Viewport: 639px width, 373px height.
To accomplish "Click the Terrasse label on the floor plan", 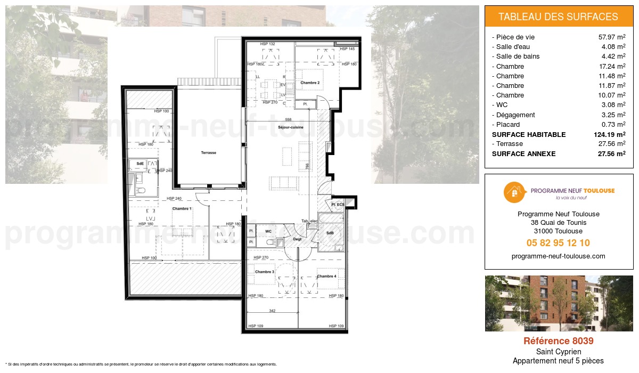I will [x=208, y=153].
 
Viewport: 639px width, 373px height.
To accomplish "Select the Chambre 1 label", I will [x=182, y=208].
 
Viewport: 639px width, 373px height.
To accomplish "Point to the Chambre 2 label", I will [x=310, y=83].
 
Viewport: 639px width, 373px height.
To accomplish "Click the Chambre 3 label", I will [x=264, y=272].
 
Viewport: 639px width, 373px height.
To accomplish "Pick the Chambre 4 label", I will [x=326, y=276].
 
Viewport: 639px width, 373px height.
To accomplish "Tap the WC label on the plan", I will [x=269, y=231].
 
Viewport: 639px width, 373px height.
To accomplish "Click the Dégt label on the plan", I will [x=297, y=240].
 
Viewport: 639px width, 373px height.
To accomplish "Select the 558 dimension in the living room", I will [x=288, y=119].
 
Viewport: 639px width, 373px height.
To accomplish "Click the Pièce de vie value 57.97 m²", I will [x=612, y=37].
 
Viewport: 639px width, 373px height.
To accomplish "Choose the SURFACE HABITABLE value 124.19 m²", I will [x=609, y=134].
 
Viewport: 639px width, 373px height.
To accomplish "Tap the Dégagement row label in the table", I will [x=515, y=115].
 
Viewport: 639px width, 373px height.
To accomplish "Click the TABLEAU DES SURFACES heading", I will [x=558, y=17].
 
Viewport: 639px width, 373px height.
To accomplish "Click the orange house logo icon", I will [x=513, y=192].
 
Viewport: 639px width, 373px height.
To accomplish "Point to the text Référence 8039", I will [x=558, y=341].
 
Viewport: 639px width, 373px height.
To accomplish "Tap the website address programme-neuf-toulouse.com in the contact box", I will [x=558, y=256].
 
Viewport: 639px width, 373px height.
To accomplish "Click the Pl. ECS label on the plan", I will [x=338, y=205].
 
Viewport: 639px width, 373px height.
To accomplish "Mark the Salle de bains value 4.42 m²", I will [x=612, y=56].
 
